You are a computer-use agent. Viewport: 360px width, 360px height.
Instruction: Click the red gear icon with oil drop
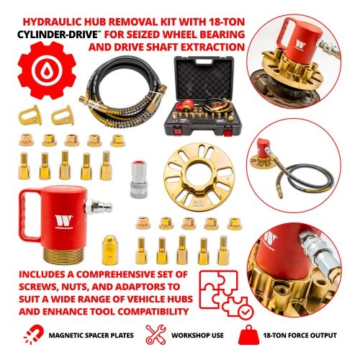pos(47,70)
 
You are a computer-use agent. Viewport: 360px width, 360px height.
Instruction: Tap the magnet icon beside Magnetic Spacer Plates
pos(34,335)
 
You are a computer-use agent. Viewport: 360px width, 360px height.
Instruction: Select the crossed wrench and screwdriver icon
pos(156,334)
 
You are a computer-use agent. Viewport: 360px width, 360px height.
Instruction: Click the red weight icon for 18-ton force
pos(248,335)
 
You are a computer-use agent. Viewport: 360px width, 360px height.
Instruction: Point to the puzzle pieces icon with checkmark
pos(226,294)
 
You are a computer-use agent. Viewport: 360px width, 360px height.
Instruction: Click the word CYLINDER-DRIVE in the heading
pos(58,35)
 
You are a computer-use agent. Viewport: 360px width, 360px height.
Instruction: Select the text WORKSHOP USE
pos(197,335)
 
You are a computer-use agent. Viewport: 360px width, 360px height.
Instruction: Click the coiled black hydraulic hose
pos(122,90)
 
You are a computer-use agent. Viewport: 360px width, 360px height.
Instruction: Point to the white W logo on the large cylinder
pos(63,220)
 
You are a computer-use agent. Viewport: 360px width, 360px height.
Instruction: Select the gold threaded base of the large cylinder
pos(63,256)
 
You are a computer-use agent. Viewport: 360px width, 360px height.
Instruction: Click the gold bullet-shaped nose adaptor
pos(110,250)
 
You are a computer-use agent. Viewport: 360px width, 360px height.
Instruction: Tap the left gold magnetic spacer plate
pos(30,115)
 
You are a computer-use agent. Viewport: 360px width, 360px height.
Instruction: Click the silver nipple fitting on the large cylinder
pos(99,207)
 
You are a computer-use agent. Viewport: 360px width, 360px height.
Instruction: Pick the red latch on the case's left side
pos(178,131)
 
